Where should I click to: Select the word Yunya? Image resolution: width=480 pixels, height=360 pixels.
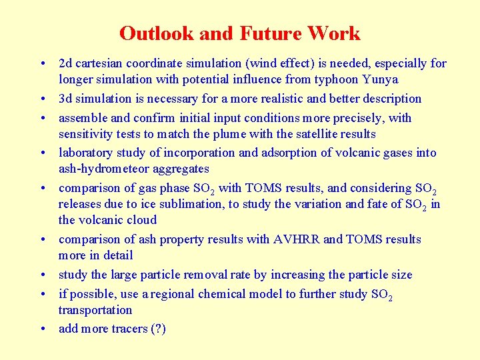click(380, 80)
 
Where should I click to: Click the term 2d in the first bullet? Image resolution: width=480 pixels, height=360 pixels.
click(65, 64)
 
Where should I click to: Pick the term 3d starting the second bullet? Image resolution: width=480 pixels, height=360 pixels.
click(65, 99)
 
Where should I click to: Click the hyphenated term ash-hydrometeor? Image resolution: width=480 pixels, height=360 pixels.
click(107, 169)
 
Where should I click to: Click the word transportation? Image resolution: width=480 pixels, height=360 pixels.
click(95, 310)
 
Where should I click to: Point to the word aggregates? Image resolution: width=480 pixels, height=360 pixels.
click(182, 169)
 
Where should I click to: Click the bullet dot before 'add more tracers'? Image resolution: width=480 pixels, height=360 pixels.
click(42, 329)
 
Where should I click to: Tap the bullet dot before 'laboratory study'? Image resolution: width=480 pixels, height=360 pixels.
click(42, 153)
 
